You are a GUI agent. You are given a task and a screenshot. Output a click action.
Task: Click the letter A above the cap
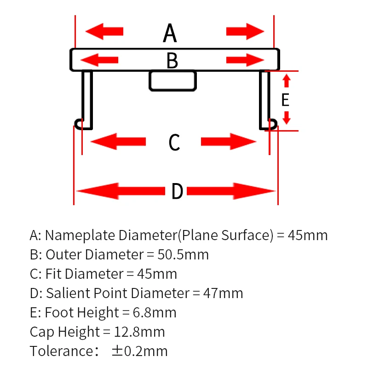170,33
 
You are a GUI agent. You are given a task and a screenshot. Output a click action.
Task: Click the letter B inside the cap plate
172,61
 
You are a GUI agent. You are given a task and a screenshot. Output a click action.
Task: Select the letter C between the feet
174,142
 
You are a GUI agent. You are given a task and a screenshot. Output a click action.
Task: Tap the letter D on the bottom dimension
177,191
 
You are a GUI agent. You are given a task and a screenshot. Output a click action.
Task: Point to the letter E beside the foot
285,100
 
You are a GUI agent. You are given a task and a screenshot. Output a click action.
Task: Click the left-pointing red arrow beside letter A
105,31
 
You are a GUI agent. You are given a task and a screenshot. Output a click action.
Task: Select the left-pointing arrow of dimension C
118,141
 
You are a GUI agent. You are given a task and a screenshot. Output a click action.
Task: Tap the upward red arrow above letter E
286,81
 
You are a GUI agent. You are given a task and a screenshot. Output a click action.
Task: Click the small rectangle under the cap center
172,80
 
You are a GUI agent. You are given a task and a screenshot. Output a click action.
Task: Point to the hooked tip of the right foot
272,124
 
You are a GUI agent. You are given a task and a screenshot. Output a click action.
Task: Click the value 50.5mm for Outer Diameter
183,254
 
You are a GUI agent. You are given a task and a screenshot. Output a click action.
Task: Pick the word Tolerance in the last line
62,351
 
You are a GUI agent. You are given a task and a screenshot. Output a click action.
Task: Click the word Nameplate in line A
81,235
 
